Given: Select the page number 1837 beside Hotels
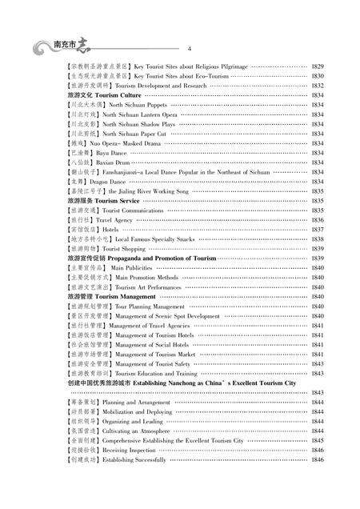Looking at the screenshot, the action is [317, 229].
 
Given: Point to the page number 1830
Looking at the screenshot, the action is [317, 75].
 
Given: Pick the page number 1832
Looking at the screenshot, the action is [317, 85].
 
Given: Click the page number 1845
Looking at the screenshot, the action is [317, 440].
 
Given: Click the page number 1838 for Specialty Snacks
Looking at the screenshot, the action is [317, 238].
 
